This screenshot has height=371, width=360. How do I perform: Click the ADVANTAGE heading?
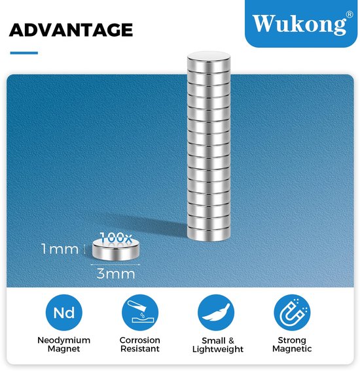[71, 30]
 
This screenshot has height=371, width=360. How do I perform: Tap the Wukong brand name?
[299, 24]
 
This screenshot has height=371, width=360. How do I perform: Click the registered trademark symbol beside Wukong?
[350, 14]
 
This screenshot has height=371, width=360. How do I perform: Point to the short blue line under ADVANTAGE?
[24, 53]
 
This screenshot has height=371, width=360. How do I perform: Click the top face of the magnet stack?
[209, 56]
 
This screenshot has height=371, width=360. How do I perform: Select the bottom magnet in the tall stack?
[209, 234]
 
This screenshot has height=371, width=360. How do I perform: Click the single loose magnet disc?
[115, 249]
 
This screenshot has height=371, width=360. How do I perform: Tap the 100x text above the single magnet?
[116, 238]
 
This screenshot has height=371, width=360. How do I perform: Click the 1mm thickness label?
[60, 249]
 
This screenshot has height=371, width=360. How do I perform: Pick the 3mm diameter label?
[116, 274]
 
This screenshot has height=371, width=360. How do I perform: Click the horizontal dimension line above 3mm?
[115, 265]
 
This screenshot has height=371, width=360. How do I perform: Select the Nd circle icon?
[64, 313]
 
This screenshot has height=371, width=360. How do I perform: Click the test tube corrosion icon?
[140, 313]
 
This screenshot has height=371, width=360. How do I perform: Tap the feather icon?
[216, 313]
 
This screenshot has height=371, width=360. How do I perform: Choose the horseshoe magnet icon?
[292, 313]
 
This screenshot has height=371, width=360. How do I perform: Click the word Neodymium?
[64, 340]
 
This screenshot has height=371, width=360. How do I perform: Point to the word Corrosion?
[140, 340]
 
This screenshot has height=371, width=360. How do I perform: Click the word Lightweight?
[218, 349]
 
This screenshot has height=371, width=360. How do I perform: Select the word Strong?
[292, 340]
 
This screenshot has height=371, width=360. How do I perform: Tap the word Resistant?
[140, 349]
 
